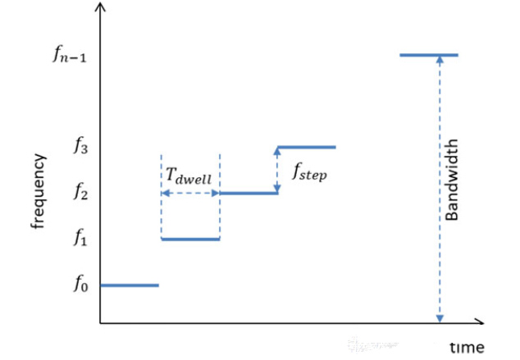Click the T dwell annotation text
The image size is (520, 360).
pyautogui.click(x=191, y=175)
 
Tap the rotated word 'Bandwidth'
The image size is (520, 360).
pyautogui.click(x=452, y=180)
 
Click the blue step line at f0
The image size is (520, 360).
pyautogui.click(x=129, y=285)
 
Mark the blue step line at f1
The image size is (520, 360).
pyautogui.click(x=190, y=239)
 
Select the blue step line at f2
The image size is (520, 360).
pyautogui.click(x=249, y=194)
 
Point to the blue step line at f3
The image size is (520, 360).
pyautogui.click(x=307, y=147)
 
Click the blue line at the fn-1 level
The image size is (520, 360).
pyautogui.click(x=428, y=55)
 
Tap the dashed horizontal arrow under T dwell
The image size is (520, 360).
pyautogui.click(x=190, y=194)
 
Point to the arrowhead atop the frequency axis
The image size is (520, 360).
pyautogui.click(x=100, y=8)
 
